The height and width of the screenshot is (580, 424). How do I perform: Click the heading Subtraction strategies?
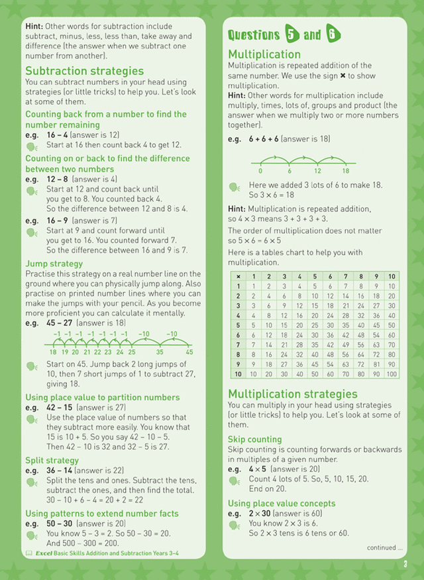pos(84,71)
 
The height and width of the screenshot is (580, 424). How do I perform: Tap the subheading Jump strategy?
pos(54,263)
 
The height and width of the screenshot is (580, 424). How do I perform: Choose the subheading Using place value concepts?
pos(282,503)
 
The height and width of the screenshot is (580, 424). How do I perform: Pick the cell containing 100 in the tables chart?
pos(391,374)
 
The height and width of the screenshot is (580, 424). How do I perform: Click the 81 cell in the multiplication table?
pos(376,365)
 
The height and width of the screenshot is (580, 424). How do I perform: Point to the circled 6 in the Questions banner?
pos(333,34)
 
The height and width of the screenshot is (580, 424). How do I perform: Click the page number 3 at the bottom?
pos(404,565)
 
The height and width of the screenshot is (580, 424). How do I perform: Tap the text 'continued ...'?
pos(385,548)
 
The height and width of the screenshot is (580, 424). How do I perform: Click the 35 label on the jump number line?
pos(160,352)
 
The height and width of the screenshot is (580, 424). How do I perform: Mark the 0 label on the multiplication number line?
pos(260,170)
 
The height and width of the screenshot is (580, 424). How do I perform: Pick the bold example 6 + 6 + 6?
pos(264,139)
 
